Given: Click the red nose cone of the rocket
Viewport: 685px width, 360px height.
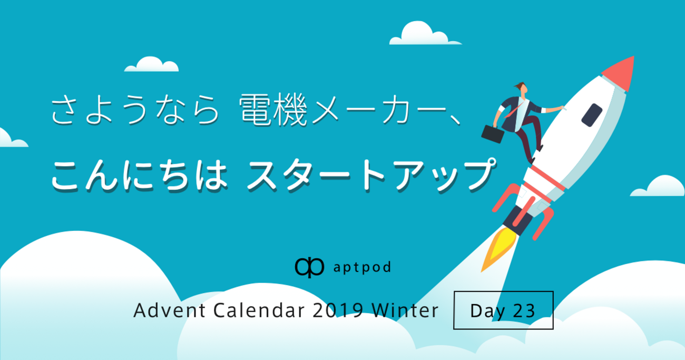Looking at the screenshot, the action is [x=621, y=73].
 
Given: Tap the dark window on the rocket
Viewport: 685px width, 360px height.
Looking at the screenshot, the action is [x=592, y=115].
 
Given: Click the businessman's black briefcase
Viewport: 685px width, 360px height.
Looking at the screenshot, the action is [x=493, y=134].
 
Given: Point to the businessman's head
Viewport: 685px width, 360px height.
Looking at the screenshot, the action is [x=522, y=89].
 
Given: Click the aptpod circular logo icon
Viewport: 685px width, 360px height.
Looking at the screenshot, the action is [x=309, y=267].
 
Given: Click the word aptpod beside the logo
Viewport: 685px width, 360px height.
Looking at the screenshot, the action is [x=362, y=268].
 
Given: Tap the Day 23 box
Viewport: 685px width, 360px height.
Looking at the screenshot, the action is [x=503, y=310].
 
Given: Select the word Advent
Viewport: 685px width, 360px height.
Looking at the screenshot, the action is [x=170, y=310].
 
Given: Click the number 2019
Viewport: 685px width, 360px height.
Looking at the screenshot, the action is [x=338, y=310].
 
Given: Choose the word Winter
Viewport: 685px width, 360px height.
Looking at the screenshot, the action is [x=405, y=310].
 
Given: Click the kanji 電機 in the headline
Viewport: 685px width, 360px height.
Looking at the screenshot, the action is [x=273, y=110].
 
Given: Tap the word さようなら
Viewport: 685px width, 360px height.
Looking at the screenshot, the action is [x=135, y=110].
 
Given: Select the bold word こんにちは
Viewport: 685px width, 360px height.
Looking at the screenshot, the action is [x=139, y=176].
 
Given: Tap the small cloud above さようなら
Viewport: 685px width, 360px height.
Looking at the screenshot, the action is [x=152, y=64].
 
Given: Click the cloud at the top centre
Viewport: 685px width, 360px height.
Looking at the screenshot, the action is [x=425, y=34].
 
